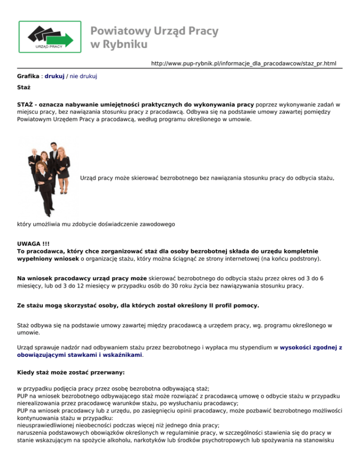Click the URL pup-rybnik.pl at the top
[243, 63]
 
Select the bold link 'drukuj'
[54, 75]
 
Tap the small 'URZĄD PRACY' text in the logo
[45, 46]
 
